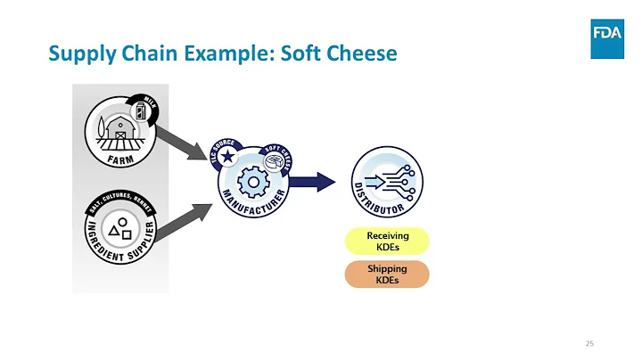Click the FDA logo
click(x=606, y=37)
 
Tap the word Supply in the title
click(x=78, y=54)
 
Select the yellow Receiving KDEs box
click(x=387, y=241)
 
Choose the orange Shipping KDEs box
click(x=387, y=274)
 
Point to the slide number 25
click(x=589, y=343)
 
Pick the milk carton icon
click(x=139, y=110)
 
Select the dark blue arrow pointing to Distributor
click(x=310, y=182)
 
